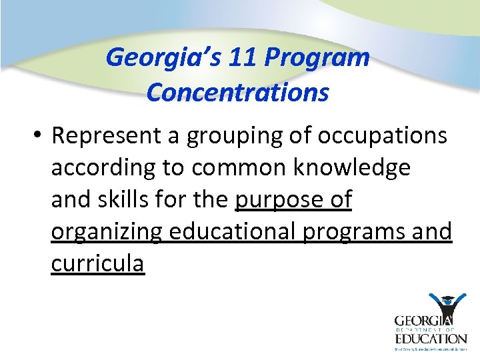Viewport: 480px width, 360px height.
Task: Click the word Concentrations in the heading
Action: click(237, 93)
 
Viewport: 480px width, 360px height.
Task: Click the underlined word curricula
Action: click(97, 263)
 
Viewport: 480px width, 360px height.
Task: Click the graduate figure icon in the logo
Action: click(446, 307)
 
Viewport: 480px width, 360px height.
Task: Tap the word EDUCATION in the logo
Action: click(430, 339)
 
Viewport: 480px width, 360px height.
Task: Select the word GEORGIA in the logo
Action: click(421, 320)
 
